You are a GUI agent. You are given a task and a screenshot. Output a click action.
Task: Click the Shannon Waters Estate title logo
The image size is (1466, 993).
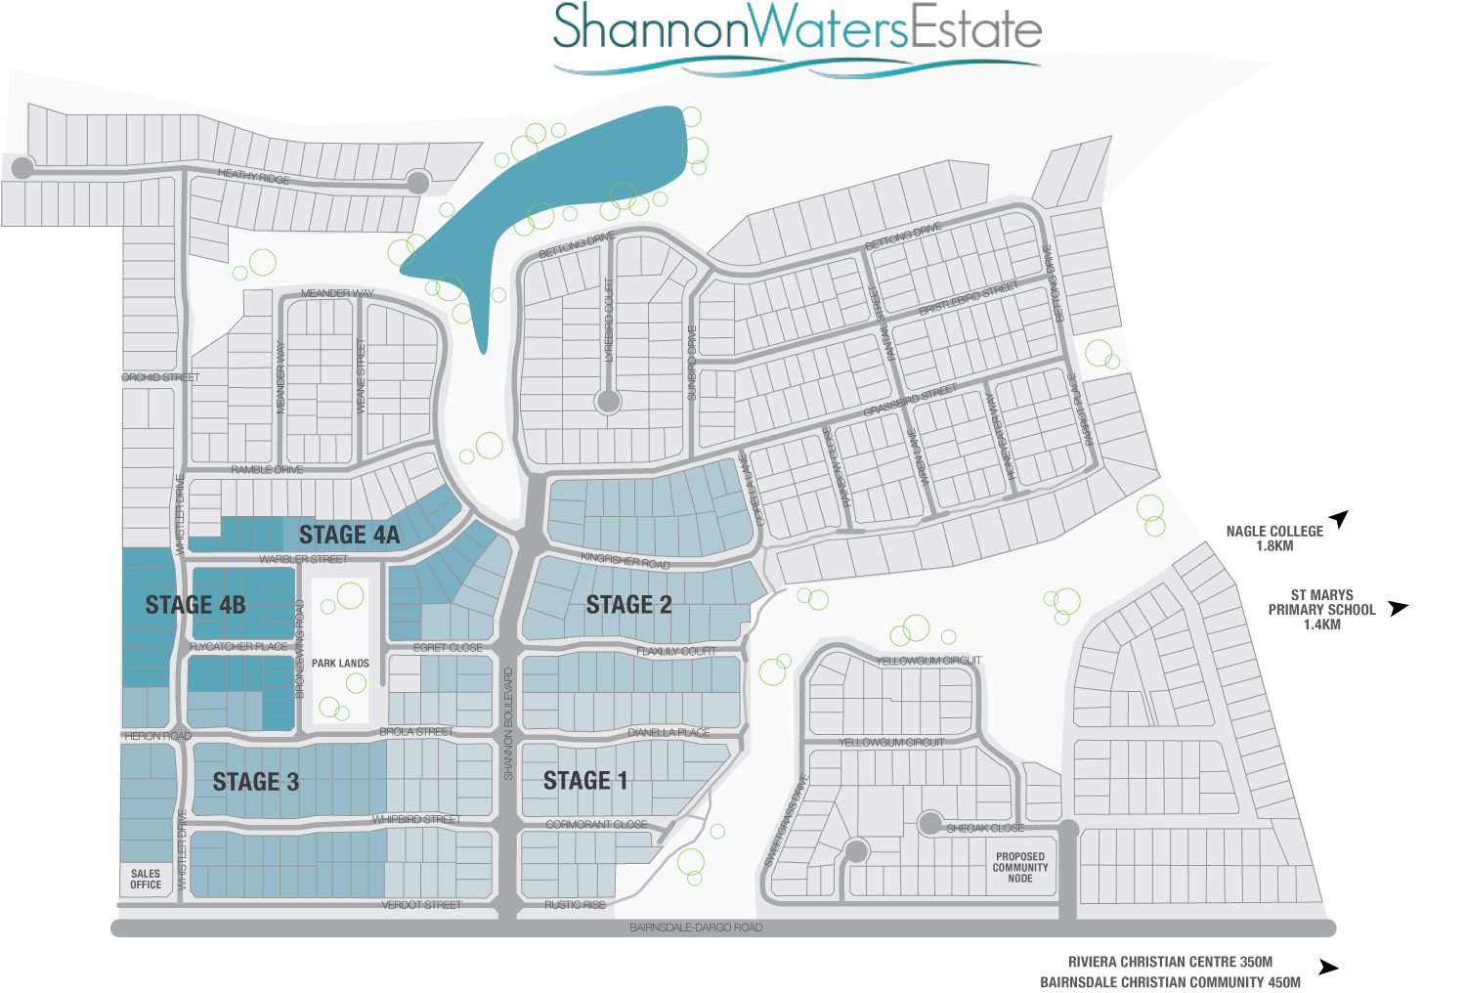pyautogui.click(x=797, y=35)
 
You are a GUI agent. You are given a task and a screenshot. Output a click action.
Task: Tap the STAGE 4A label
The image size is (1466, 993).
pyautogui.click(x=349, y=535)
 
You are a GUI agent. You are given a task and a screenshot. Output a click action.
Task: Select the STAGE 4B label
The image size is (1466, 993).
pyautogui.click(x=195, y=605)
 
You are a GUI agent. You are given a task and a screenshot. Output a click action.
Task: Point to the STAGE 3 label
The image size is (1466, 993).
pyautogui.click(x=256, y=782)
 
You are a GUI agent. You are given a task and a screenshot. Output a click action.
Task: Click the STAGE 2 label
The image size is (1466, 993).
pyautogui.click(x=628, y=605)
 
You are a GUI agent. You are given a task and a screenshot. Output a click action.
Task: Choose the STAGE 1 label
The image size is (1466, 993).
pyautogui.click(x=585, y=780)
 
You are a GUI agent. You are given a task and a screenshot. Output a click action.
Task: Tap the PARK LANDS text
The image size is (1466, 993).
pyautogui.click(x=340, y=664)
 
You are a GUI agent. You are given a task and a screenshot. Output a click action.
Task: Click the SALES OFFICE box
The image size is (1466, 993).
pyautogui.click(x=146, y=879)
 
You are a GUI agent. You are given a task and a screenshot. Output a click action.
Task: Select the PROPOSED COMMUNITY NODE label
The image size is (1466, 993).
pyautogui.click(x=1020, y=867)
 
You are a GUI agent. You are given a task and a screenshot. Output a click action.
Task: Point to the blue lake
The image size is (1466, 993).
pyautogui.click(x=547, y=205)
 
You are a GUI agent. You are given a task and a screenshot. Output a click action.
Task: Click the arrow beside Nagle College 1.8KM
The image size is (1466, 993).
pyautogui.click(x=1339, y=518)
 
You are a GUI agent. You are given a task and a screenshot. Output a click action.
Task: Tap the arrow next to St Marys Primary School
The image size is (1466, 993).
pyautogui.click(x=1399, y=608)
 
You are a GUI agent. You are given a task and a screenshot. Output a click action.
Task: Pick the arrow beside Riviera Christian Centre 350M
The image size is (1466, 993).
pyautogui.click(x=1328, y=967)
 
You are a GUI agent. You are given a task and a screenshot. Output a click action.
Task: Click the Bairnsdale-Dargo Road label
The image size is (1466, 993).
pyautogui.click(x=696, y=928)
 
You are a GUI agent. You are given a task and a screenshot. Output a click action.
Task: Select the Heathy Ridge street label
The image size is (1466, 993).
pyautogui.click(x=253, y=176)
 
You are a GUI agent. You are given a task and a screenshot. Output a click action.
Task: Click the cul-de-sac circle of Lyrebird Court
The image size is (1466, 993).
pyautogui.click(x=609, y=401)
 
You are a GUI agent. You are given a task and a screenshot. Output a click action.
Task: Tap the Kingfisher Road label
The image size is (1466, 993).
pyautogui.click(x=625, y=561)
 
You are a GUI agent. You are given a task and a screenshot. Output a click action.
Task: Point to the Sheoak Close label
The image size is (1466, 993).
pyautogui.click(x=985, y=828)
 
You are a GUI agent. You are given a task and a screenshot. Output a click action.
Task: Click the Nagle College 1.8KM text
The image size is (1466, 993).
pyautogui.click(x=1274, y=538)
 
